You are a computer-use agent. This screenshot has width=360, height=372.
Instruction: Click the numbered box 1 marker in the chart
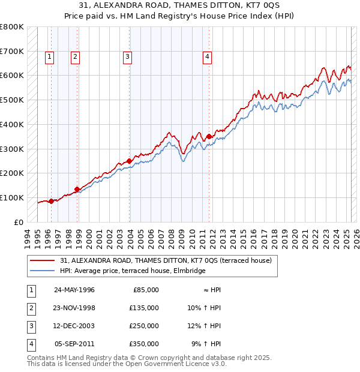(49, 58)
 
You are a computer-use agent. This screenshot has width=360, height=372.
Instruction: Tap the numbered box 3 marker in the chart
(128, 58)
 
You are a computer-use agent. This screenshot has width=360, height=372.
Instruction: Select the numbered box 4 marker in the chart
(207, 58)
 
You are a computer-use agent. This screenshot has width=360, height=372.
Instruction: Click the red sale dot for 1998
(77, 189)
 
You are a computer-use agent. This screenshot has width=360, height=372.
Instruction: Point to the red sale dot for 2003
(130, 161)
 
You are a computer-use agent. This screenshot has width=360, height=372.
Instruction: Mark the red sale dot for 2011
(209, 136)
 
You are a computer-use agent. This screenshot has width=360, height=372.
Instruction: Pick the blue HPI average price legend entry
(133, 271)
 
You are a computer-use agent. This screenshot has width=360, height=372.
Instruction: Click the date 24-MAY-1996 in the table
(74, 290)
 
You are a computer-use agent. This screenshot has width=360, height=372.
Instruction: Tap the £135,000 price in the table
(145, 308)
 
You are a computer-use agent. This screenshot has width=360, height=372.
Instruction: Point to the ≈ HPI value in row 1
(210, 290)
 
